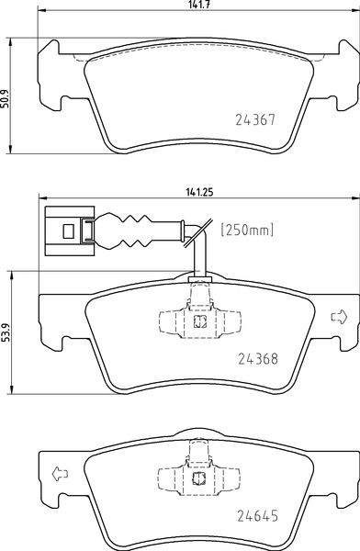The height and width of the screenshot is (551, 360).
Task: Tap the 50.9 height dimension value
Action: coord(5,99)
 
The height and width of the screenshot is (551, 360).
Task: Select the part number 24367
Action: coord(255,120)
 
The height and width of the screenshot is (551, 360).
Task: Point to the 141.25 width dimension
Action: coord(199,192)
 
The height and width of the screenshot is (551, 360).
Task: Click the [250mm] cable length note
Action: coord(247,231)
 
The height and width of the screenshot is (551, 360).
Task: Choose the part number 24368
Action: coord(258,359)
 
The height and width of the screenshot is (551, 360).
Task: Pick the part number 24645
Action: coord(258,516)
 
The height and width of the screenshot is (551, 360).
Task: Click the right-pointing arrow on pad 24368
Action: coord(339,317)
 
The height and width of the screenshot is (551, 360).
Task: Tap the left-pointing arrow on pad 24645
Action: coord(60,474)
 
